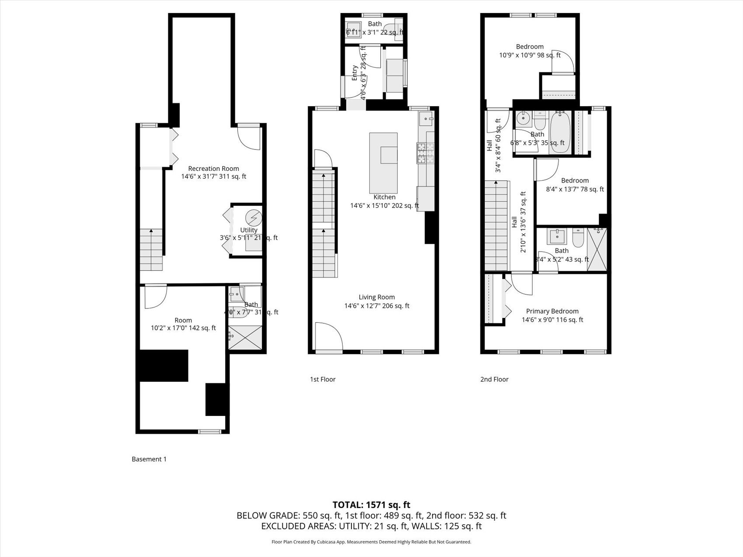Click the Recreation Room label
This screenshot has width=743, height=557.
tap(214, 169)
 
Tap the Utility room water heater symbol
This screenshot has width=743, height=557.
tap(253, 217)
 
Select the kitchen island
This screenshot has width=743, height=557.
tap(383, 160)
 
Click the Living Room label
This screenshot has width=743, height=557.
tap(376, 297)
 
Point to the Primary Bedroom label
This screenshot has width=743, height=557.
tap(552, 311)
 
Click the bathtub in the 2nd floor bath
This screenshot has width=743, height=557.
tap(560, 132)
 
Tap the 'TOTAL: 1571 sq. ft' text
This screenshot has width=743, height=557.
tap(371, 505)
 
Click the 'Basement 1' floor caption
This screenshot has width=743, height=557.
tap(149, 459)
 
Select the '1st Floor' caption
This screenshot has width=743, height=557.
tap(323, 379)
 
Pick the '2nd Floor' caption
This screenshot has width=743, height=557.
tap(494, 379)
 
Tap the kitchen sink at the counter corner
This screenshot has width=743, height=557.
tap(426, 118)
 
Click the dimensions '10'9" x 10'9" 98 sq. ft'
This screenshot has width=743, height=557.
tap(530, 55)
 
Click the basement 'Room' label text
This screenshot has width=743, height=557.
tap(183, 320)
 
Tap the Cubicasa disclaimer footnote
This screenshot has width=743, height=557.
tap(371, 542)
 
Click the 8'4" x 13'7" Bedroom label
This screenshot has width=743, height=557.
tap(575, 180)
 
